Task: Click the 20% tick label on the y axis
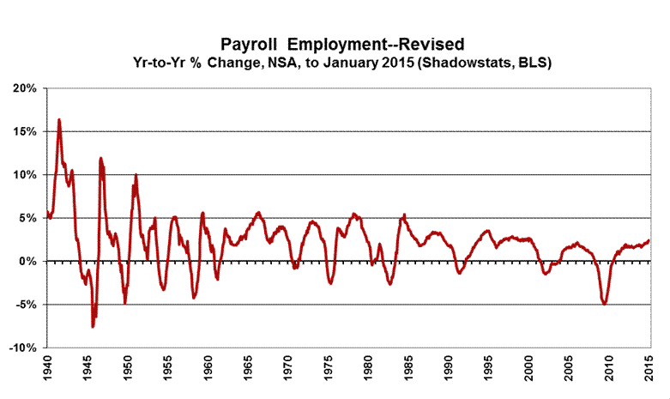click(24, 88)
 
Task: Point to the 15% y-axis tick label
click(24, 131)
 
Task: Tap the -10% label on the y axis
click(22, 348)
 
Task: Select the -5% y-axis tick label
click(25, 305)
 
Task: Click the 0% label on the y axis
click(27, 261)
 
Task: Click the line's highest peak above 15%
click(59, 119)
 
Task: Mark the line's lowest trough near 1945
click(93, 327)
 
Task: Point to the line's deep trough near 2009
click(605, 304)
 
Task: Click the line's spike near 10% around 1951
click(136, 175)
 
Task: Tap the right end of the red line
click(649, 240)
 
